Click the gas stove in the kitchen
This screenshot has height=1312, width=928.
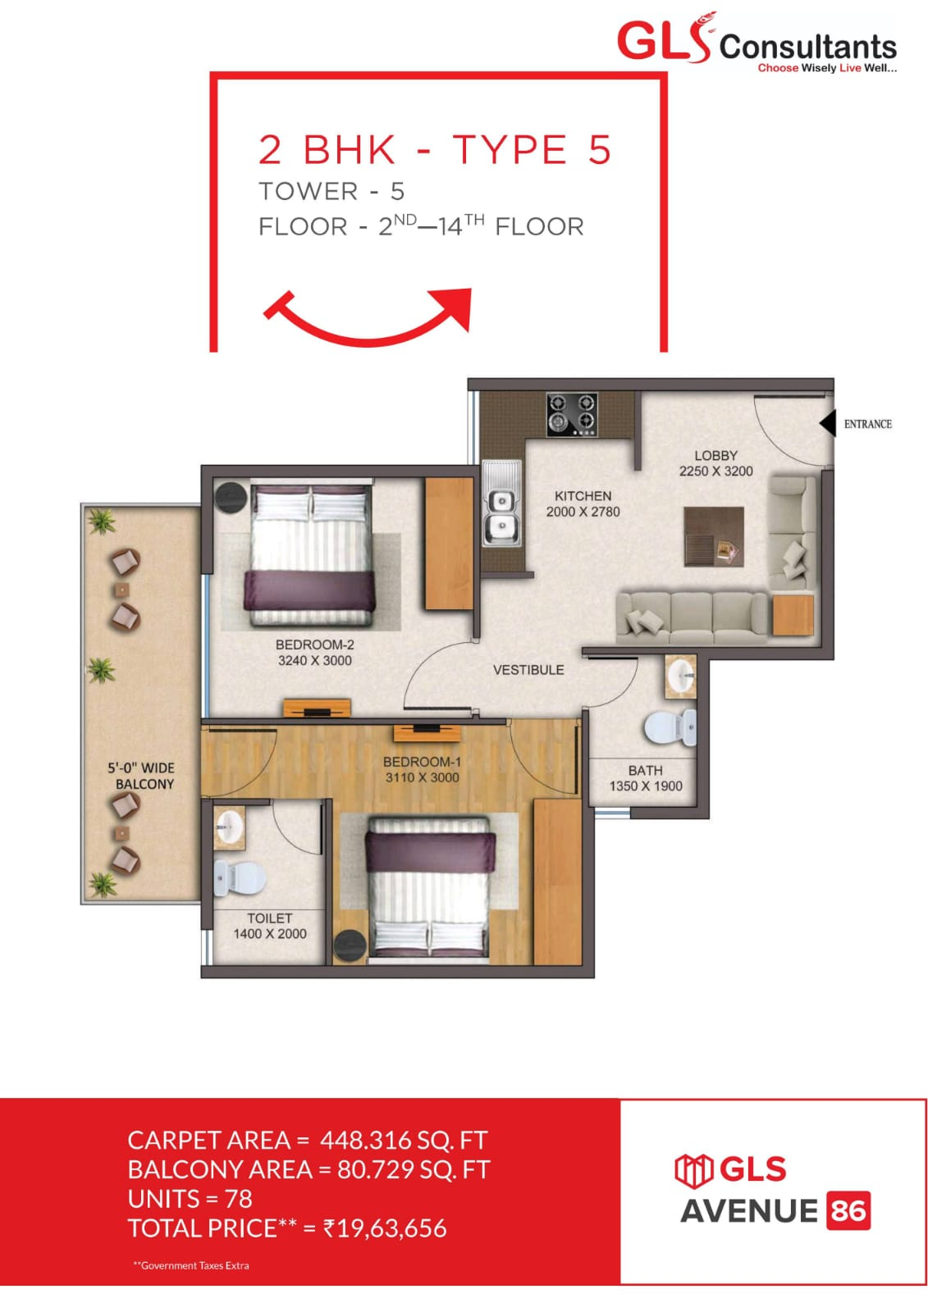tap(572, 413)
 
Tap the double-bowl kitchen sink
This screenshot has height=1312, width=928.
tap(500, 515)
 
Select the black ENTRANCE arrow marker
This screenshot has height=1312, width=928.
tap(827, 423)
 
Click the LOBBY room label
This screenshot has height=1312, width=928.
tap(715, 455)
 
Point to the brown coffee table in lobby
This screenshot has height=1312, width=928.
tap(713, 536)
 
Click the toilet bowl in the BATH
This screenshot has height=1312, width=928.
tap(668, 728)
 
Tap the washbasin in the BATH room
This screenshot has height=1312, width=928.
tap(680, 677)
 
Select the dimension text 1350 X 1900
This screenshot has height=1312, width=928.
tap(645, 786)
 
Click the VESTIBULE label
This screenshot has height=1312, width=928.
tap(528, 670)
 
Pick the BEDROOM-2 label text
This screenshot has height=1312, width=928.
tap(314, 645)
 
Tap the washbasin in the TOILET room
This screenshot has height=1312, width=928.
tap(229, 827)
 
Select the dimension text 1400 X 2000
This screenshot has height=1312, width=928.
tap(269, 933)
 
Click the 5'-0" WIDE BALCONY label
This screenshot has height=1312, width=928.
tap(142, 776)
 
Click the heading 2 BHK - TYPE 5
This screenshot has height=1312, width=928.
tap(435, 150)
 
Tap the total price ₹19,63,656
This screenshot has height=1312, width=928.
tap(385, 1228)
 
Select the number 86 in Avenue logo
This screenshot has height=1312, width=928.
tap(848, 1210)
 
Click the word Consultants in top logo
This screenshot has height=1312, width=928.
tap(807, 46)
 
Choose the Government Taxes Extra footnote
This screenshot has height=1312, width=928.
tap(191, 1265)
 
